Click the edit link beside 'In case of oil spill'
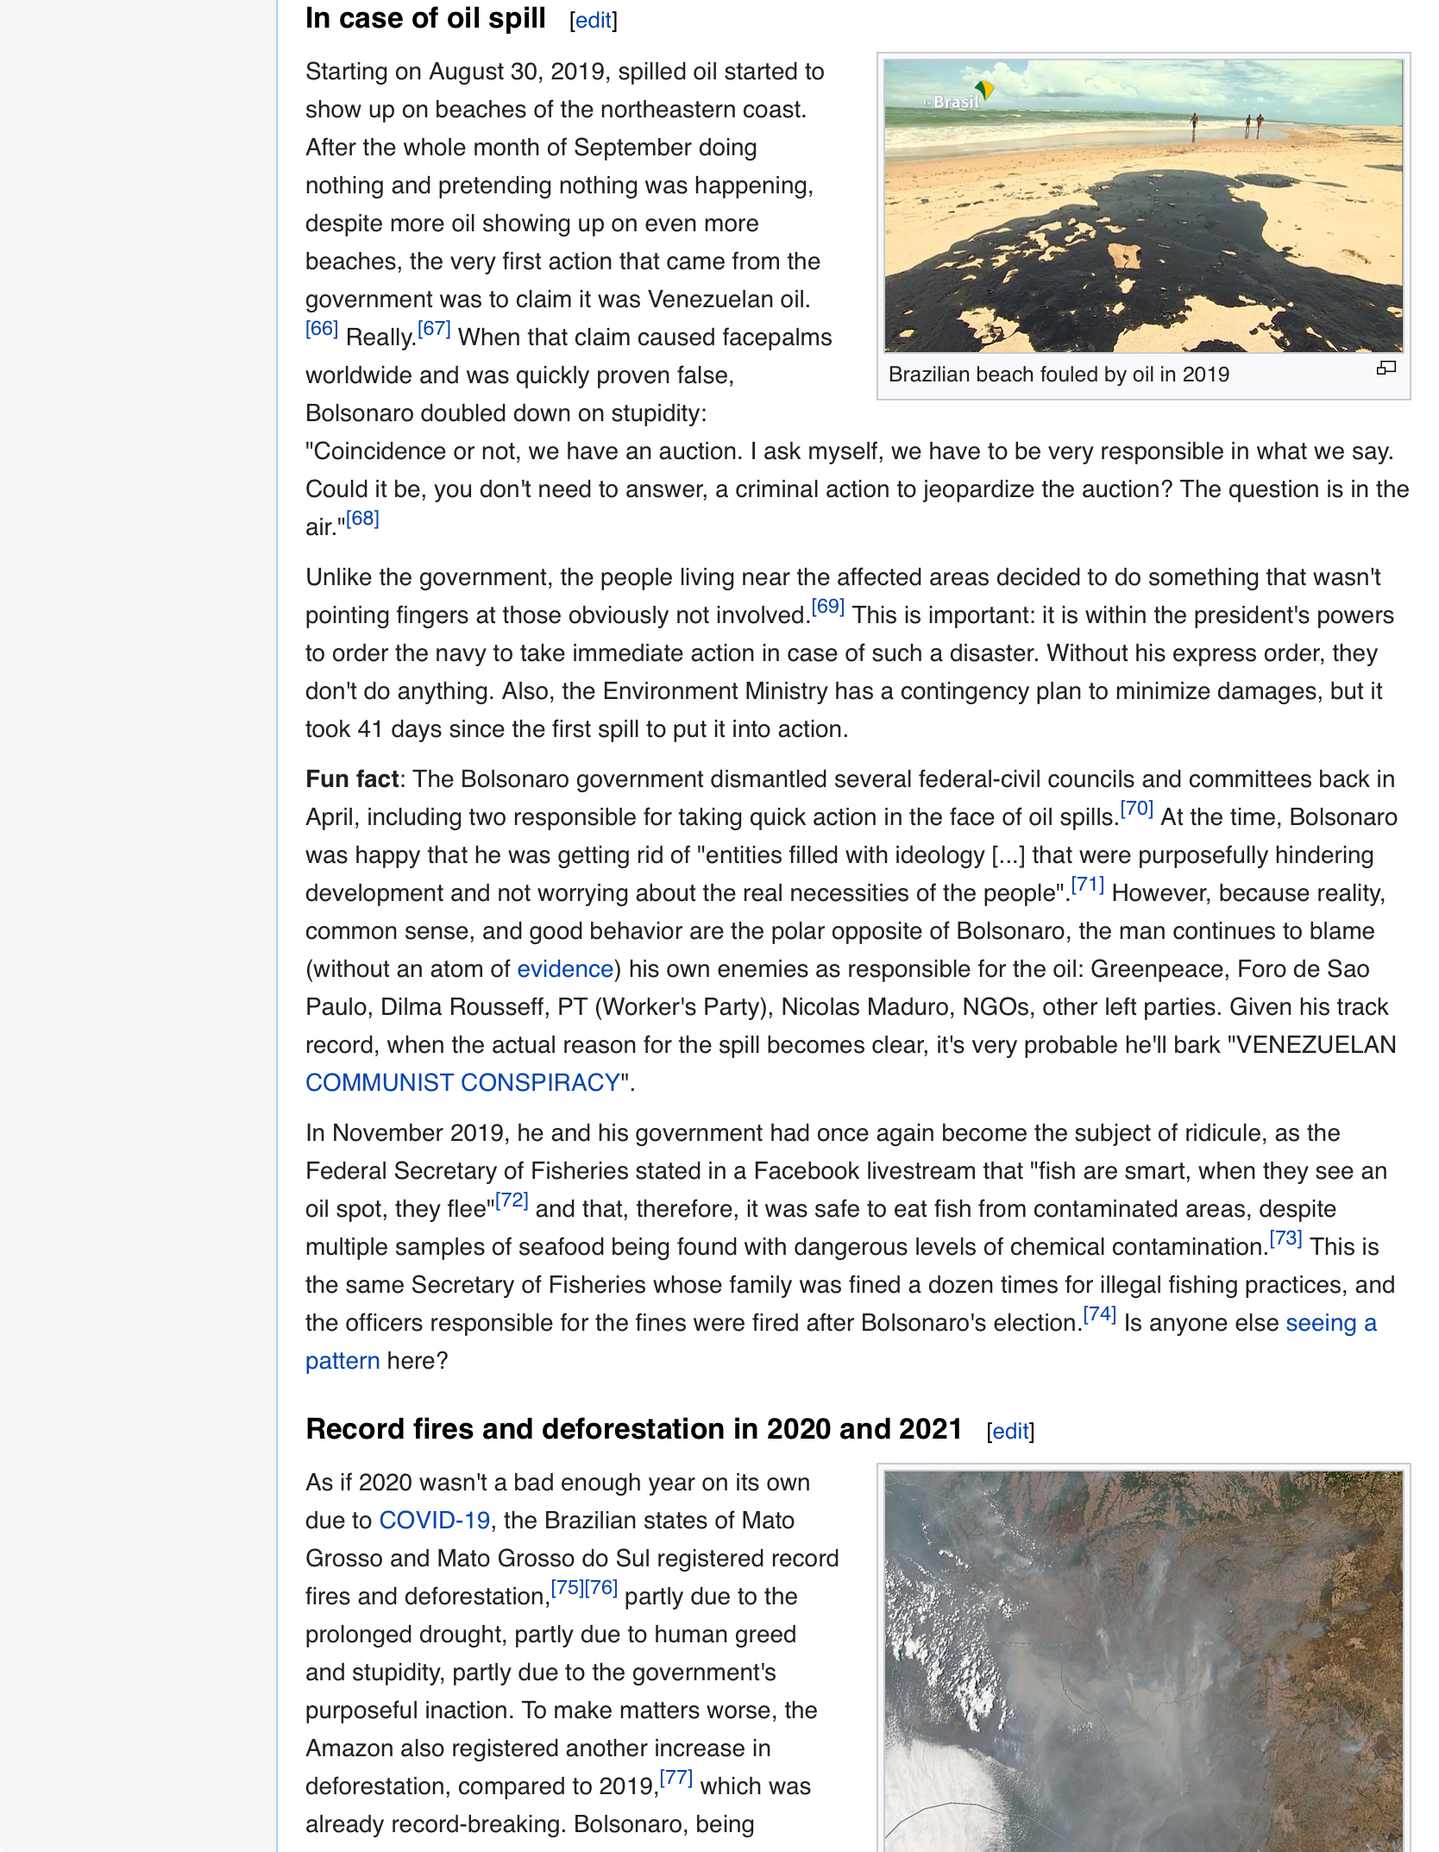point(594,21)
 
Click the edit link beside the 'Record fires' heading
point(1010,1432)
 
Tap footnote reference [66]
point(322,329)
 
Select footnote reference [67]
point(434,329)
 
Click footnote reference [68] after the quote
point(362,519)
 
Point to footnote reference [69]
point(827,607)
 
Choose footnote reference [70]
point(1136,809)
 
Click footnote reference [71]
point(1087,885)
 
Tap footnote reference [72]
point(512,1200)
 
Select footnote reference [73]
point(1285,1238)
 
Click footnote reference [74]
point(1099,1314)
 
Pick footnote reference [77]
point(676,1778)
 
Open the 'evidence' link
point(565,969)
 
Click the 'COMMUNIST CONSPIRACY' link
point(463,1083)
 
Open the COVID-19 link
point(435,1521)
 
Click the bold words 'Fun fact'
point(352,779)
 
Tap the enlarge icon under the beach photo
point(1386,369)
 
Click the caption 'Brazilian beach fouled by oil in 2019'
point(1059,375)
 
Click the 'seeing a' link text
point(1330,1323)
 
